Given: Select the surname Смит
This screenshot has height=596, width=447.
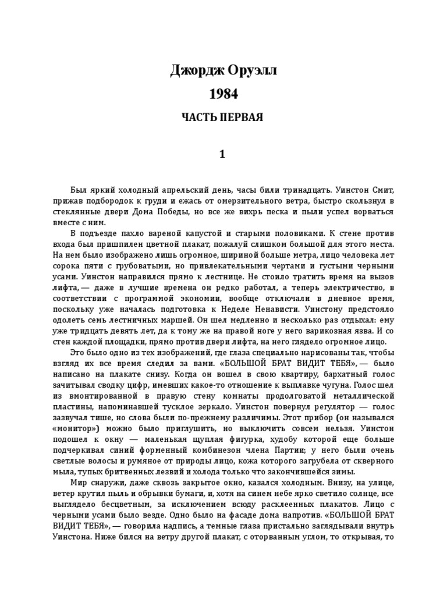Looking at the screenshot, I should pos(385,190).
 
